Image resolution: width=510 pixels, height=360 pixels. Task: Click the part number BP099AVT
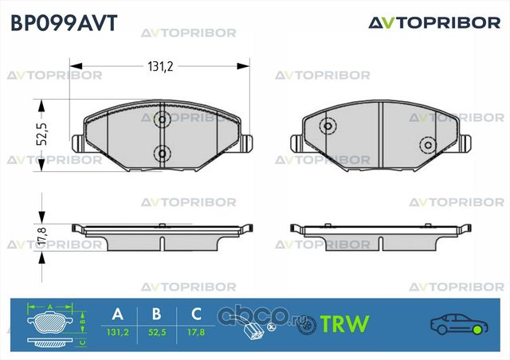tap(62, 22)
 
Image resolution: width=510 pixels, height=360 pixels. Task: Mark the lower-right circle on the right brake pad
tap(427, 146)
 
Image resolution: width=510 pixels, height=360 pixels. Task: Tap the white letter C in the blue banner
tap(193, 312)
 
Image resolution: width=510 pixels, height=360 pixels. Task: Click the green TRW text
tap(343, 324)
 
